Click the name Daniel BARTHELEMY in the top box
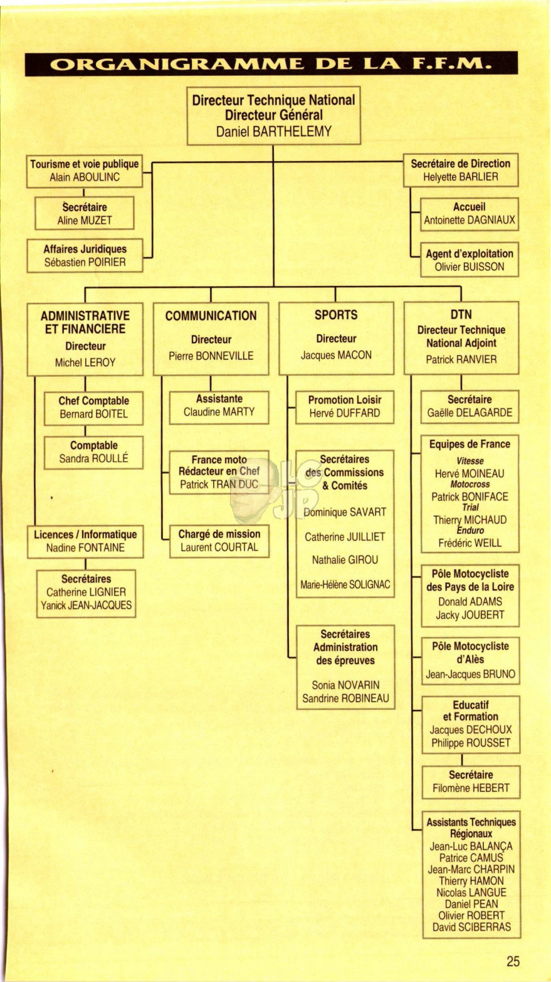(273, 132)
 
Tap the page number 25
(513, 961)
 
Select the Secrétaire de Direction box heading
(460, 164)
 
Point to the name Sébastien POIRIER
(85, 262)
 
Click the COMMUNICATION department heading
(211, 315)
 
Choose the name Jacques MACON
(336, 355)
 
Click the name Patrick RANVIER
(461, 359)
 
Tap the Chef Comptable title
(94, 401)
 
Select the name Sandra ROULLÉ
(94, 458)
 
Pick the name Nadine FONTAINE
(85, 547)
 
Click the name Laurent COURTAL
(219, 547)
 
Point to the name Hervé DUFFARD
(345, 413)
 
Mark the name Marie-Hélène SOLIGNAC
(345, 584)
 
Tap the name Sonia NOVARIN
(345, 685)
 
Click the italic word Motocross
(470, 485)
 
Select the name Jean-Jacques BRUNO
(470, 674)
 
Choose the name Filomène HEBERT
(471, 788)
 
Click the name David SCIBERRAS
(471, 927)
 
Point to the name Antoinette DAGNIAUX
(470, 219)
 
